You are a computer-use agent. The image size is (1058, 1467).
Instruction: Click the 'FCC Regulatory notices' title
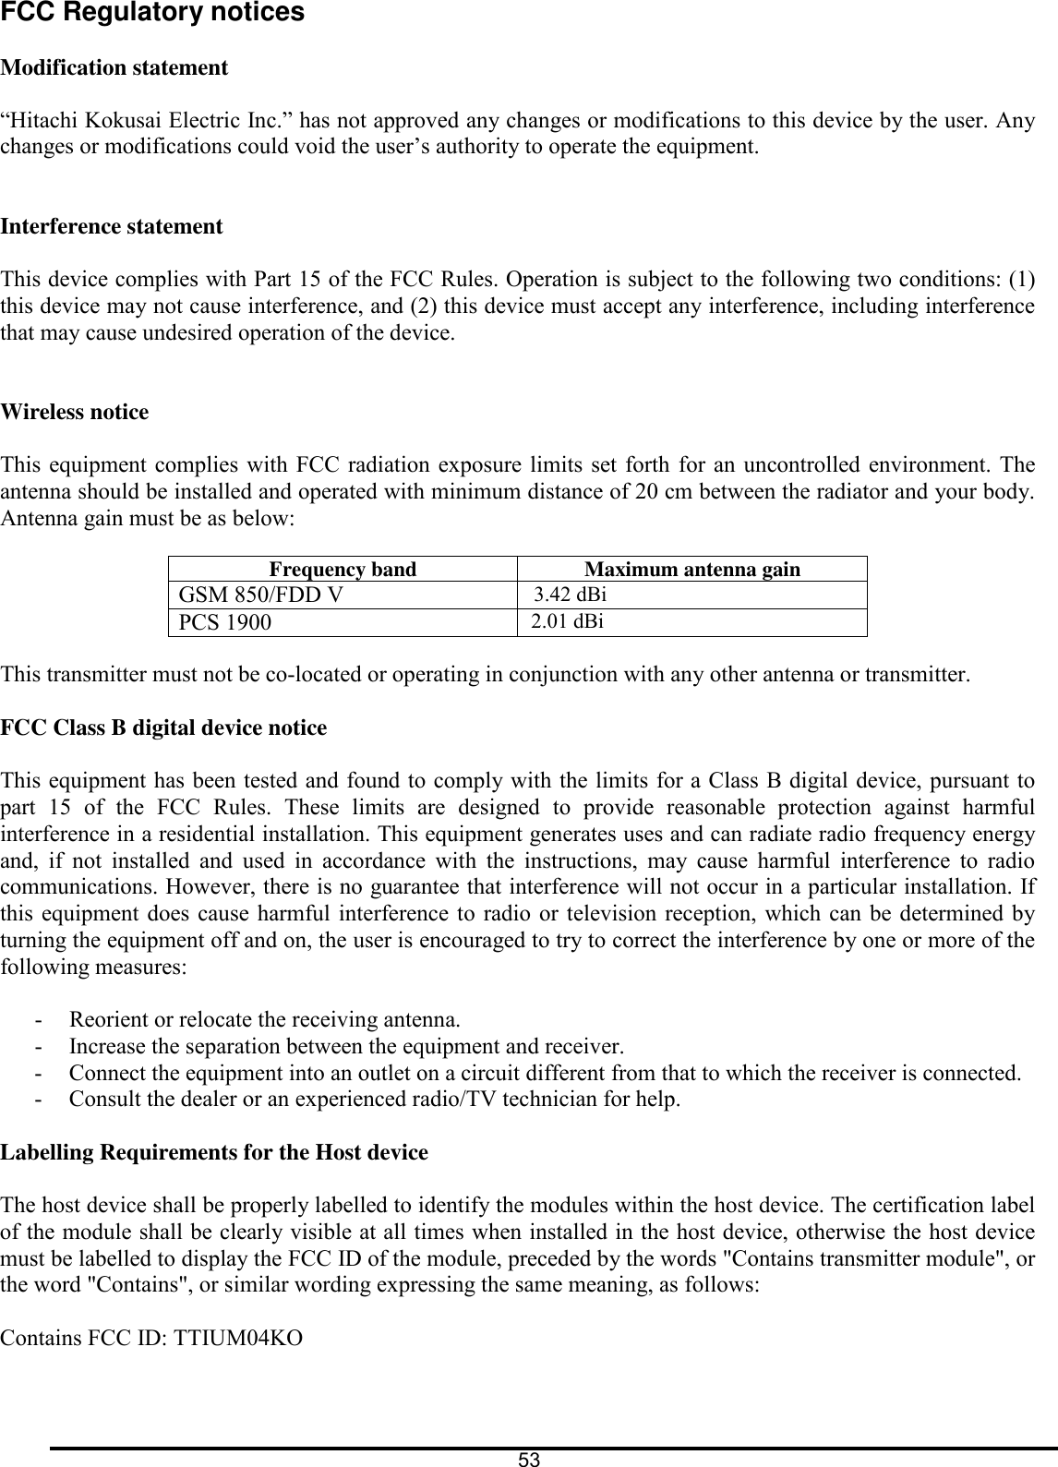pyautogui.click(x=152, y=13)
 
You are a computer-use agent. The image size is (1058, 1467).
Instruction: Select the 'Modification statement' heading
pyautogui.click(x=114, y=67)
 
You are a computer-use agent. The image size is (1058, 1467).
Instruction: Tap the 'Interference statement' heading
pyautogui.click(x=112, y=226)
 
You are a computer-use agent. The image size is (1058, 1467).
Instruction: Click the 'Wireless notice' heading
pyautogui.click(x=75, y=412)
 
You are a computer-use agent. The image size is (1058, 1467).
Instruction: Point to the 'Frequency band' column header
pyautogui.click(x=342, y=570)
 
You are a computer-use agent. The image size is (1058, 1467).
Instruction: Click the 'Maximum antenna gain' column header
pyautogui.click(x=692, y=570)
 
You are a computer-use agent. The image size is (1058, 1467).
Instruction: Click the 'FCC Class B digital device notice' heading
pyautogui.click(x=164, y=727)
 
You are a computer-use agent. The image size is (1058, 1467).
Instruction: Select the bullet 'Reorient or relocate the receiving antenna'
pyautogui.click(x=265, y=1020)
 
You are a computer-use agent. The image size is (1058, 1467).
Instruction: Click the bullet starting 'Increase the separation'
pyautogui.click(x=346, y=1047)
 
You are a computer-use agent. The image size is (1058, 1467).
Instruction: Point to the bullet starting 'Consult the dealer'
pyautogui.click(x=376, y=1100)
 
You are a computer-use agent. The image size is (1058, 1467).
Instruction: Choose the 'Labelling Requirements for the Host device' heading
pyautogui.click(x=214, y=1152)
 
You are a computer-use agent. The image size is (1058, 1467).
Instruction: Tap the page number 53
pyautogui.click(x=529, y=1460)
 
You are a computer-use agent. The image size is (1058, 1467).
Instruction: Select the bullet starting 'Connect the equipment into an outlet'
pyautogui.click(x=545, y=1074)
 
